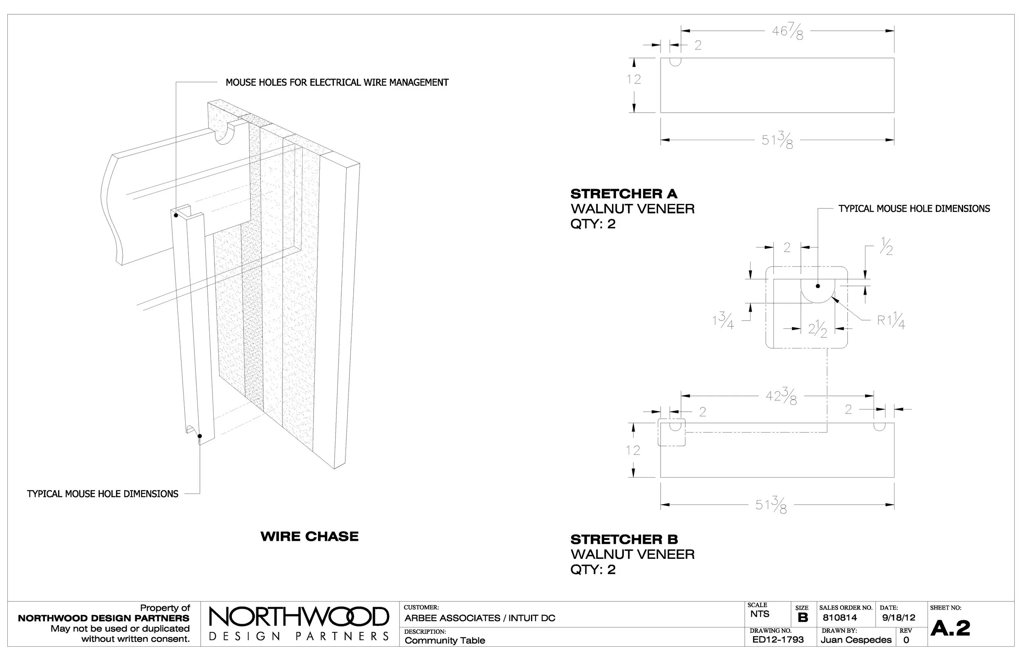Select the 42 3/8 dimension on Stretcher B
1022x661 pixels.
pyautogui.click(x=781, y=396)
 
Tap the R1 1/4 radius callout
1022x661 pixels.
pyautogui.click(x=891, y=320)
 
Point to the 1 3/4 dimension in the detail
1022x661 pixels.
pyautogui.click(x=723, y=320)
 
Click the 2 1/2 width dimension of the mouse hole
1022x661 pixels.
pyautogui.click(x=817, y=329)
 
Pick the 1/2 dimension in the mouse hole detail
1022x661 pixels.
pyautogui.click(x=886, y=246)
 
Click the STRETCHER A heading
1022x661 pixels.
pyautogui.click(x=623, y=194)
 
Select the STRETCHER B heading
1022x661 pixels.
pyautogui.click(x=624, y=539)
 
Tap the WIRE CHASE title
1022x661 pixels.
pyautogui.click(x=309, y=536)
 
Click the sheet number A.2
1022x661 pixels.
pyautogui.click(x=950, y=629)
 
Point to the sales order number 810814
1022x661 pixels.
pyautogui.click(x=840, y=618)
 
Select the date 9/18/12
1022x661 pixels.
pyautogui.click(x=898, y=618)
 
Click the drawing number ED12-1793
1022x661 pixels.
pyautogui.click(x=778, y=639)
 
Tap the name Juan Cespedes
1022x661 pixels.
pyautogui.click(x=856, y=640)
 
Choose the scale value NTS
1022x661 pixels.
pyautogui.click(x=760, y=614)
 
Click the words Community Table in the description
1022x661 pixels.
pyautogui.click(x=444, y=641)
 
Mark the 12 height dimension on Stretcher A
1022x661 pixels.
pyautogui.click(x=633, y=79)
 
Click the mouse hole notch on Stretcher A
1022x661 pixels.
pyautogui.click(x=675, y=61)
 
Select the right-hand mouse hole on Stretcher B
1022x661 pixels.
pyautogui.click(x=879, y=426)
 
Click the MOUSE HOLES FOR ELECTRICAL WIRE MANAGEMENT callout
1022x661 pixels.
pyautogui.click(x=337, y=83)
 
